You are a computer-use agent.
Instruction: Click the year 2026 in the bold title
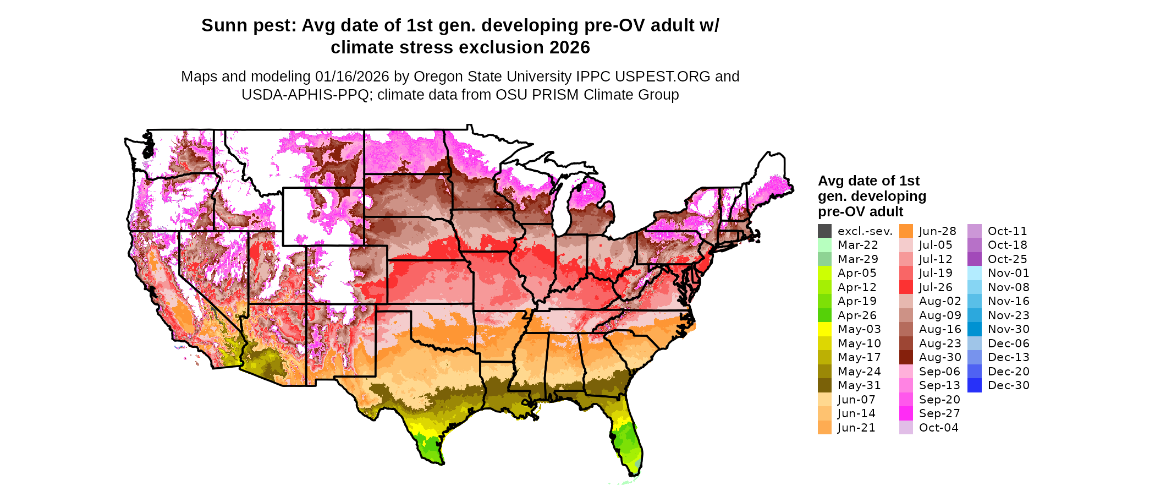point(569,48)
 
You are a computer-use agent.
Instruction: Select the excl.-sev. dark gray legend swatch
point(824,231)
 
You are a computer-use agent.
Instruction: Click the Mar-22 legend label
point(857,245)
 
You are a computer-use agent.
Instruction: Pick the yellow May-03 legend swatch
point(824,329)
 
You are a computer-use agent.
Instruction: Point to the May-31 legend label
point(859,385)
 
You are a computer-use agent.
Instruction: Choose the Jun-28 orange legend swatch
point(906,231)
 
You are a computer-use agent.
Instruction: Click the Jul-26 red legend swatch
point(906,287)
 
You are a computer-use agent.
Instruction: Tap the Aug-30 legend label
point(940,357)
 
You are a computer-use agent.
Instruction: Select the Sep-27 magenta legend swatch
point(906,413)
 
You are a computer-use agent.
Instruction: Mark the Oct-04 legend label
point(938,428)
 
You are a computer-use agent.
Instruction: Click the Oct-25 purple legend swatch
point(974,259)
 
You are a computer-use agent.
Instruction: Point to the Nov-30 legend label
point(1008,329)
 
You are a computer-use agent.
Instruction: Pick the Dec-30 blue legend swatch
point(974,385)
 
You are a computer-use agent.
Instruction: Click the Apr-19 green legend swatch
point(824,301)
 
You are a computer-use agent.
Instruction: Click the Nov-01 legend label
point(1008,273)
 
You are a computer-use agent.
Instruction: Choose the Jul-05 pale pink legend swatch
point(906,245)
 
